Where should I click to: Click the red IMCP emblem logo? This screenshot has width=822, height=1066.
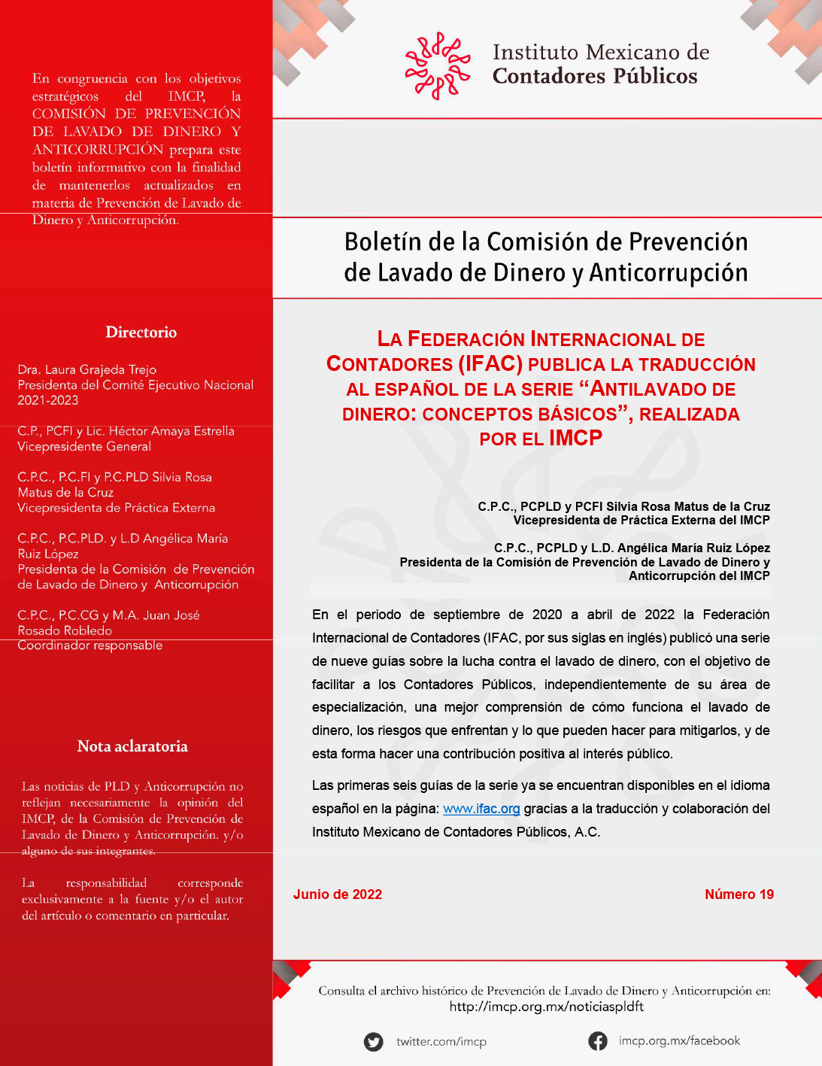coord(438,65)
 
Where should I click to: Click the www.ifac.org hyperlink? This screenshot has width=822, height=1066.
coord(481,809)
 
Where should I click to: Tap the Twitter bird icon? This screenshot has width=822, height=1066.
coord(374,1042)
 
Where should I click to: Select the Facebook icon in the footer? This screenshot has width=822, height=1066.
coord(598,1041)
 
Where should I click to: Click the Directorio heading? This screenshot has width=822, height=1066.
coord(141,333)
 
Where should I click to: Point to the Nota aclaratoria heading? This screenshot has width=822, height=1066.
coord(132,746)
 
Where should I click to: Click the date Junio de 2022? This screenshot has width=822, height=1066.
coord(338,894)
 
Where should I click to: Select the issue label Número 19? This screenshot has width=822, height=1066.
coord(739,894)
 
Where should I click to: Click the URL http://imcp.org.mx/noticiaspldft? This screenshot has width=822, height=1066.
coord(547,1007)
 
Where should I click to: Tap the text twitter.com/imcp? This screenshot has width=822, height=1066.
coord(441,1042)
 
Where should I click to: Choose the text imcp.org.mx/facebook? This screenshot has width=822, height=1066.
coord(679,1041)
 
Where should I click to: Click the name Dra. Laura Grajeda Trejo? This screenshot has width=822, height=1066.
coord(87,369)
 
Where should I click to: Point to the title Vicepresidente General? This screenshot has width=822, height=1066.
coord(84,447)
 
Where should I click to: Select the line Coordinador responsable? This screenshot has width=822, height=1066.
coord(90,645)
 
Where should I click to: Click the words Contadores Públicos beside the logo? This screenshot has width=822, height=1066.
coord(595,77)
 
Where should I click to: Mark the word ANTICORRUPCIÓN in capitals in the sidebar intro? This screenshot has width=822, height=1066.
coord(98,149)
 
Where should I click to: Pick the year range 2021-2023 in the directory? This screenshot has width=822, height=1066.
coord(48,400)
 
